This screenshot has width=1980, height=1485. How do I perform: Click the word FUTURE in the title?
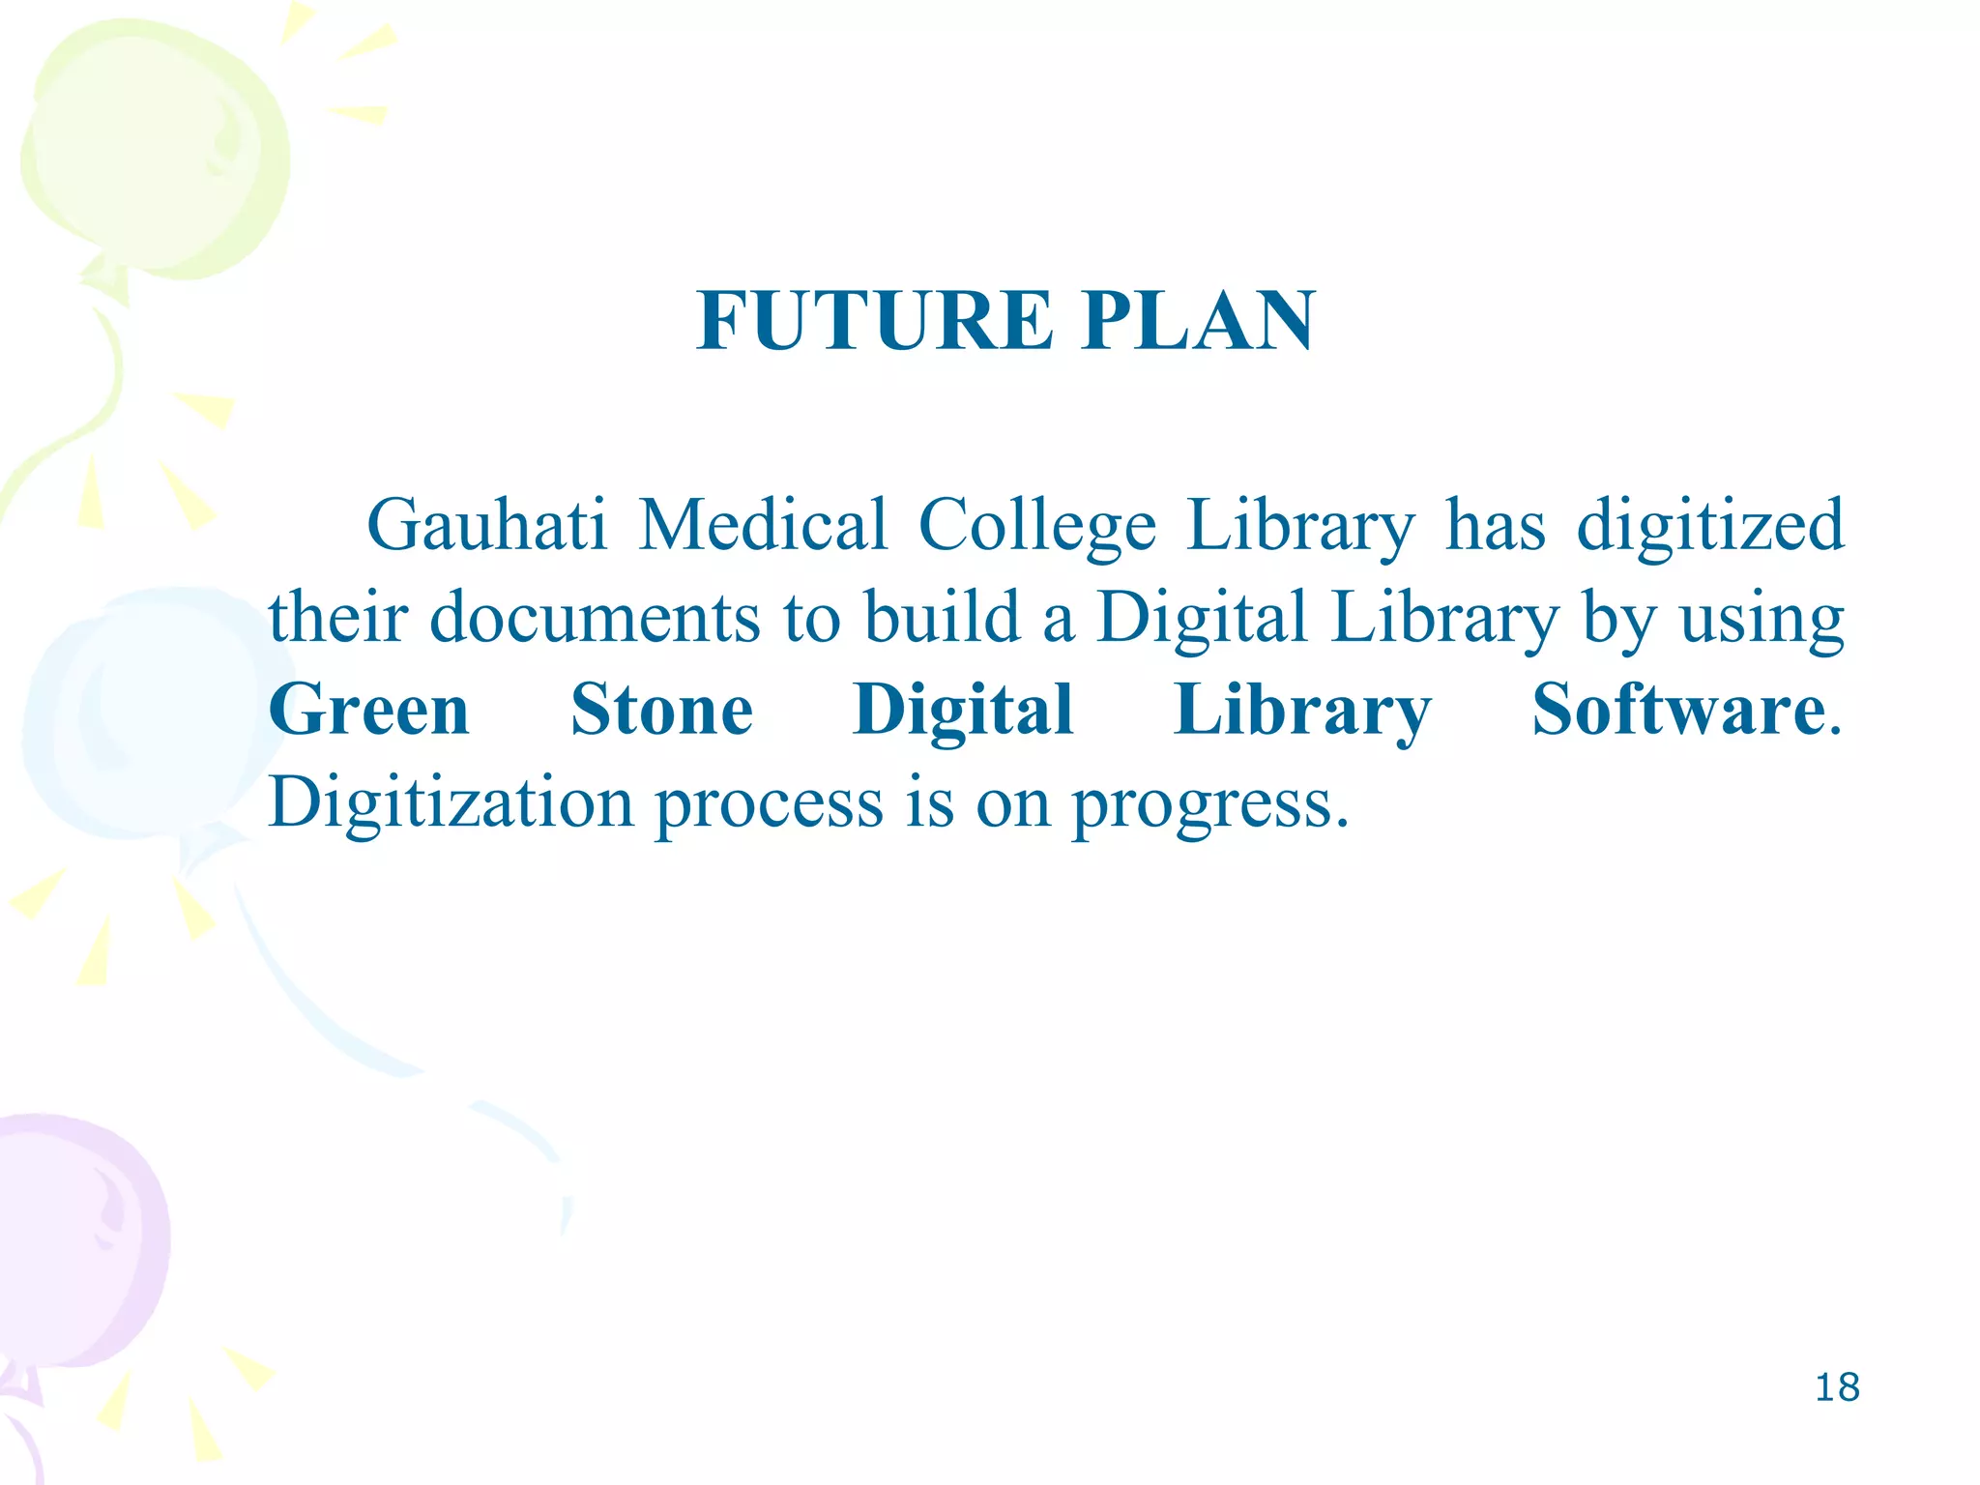875,321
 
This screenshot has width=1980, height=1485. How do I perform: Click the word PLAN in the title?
1199,321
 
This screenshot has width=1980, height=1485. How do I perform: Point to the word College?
1036,527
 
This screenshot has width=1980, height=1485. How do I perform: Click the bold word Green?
369,710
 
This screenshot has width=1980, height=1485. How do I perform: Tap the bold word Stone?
662,710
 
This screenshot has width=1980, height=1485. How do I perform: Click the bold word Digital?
963,712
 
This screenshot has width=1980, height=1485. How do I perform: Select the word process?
769,804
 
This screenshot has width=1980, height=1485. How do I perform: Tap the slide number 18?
1837,1387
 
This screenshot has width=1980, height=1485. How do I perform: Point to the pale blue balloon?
145,715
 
